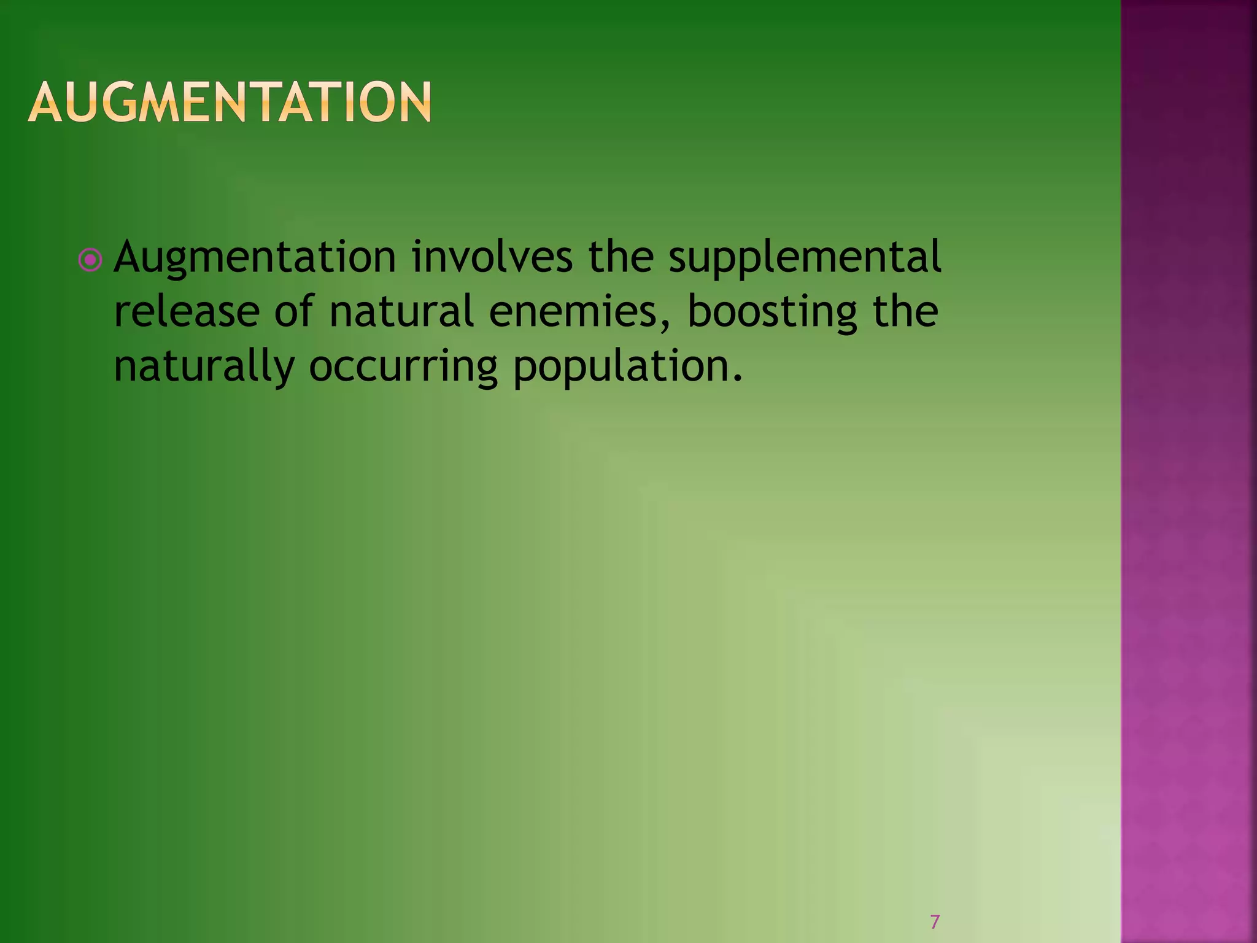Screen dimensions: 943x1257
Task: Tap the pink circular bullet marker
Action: coord(90,260)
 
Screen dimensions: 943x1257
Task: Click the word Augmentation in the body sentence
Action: coord(255,258)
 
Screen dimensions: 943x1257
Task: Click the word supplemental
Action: coord(805,258)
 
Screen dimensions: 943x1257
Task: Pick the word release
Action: coord(187,311)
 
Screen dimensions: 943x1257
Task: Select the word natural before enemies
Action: coord(401,311)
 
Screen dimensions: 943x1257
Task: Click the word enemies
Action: coord(575,311)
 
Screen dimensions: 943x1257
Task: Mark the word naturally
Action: coord(204,367)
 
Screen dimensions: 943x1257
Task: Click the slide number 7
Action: coord(935,922)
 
